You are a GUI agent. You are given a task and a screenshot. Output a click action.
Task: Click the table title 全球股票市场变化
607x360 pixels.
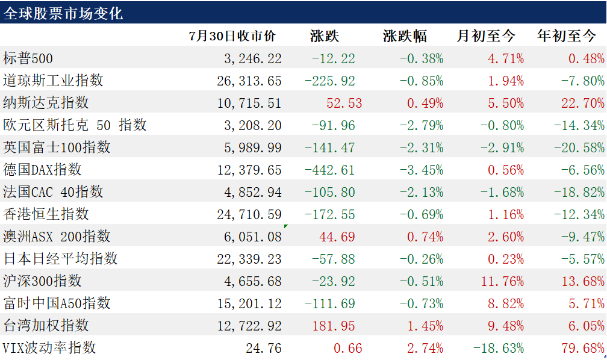[63, 14]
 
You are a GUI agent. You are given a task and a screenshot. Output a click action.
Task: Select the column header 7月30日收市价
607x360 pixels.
[232, 36]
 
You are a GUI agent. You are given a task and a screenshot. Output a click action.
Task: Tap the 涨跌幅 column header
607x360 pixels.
[405, 36]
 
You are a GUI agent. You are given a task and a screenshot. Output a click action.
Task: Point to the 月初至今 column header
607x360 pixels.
[486, 36]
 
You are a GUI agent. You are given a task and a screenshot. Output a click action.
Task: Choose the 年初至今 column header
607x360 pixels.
[566, 36]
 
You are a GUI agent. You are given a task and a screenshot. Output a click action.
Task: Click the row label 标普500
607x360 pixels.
[28, 58]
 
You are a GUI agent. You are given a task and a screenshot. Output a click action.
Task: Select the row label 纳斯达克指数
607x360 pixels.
[46, 103]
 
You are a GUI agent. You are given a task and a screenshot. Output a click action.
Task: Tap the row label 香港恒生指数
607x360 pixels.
[46, 214]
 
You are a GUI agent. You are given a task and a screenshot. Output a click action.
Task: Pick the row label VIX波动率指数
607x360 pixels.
[49, 347]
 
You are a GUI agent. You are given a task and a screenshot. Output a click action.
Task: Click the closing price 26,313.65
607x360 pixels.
[249, 81]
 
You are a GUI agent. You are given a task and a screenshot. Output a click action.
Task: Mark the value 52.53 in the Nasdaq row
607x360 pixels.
[344, 104]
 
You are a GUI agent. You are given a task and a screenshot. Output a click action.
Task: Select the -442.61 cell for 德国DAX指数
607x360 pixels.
[330, 170]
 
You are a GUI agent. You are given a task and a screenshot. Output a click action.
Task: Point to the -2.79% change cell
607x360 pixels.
[422, 125]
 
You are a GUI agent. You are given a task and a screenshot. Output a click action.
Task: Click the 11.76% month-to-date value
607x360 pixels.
[502, 281]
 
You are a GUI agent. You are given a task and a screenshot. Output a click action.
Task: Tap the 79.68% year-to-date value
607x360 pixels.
[583, 348]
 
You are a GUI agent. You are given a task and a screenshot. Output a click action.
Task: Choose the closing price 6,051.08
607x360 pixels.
[253, 237]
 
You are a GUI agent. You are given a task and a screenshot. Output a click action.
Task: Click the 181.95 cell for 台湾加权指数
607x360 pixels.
[334, 326]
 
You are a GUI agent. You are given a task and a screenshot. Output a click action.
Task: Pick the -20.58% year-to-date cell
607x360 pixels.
[579, 147]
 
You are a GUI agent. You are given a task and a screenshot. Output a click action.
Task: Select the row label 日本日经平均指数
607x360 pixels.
[60, 259]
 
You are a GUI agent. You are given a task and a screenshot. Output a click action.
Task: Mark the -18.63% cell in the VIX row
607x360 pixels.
[499, 348]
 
